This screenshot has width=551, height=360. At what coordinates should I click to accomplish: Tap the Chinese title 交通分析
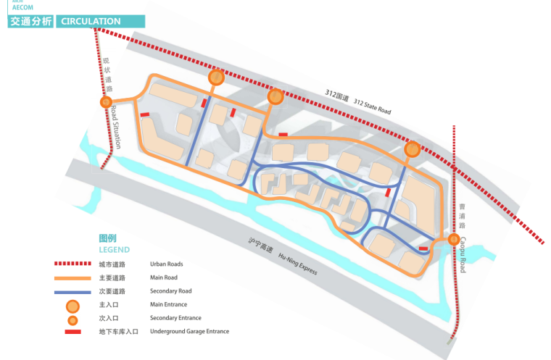[30, 22]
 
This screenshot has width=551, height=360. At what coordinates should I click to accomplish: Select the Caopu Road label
[463, 255]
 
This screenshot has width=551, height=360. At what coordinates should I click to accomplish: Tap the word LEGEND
[114, 250]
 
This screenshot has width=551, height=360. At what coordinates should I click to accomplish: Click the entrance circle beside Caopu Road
[454, 240]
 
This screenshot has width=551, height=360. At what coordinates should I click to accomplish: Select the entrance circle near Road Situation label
[107, 103]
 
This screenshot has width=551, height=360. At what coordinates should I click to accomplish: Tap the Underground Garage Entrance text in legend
[189, 332]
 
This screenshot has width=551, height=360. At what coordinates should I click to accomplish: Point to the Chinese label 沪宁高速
[260, 246]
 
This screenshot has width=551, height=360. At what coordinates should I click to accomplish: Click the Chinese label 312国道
[337, 96]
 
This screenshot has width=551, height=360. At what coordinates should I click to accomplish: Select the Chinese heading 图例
[107, 238]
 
